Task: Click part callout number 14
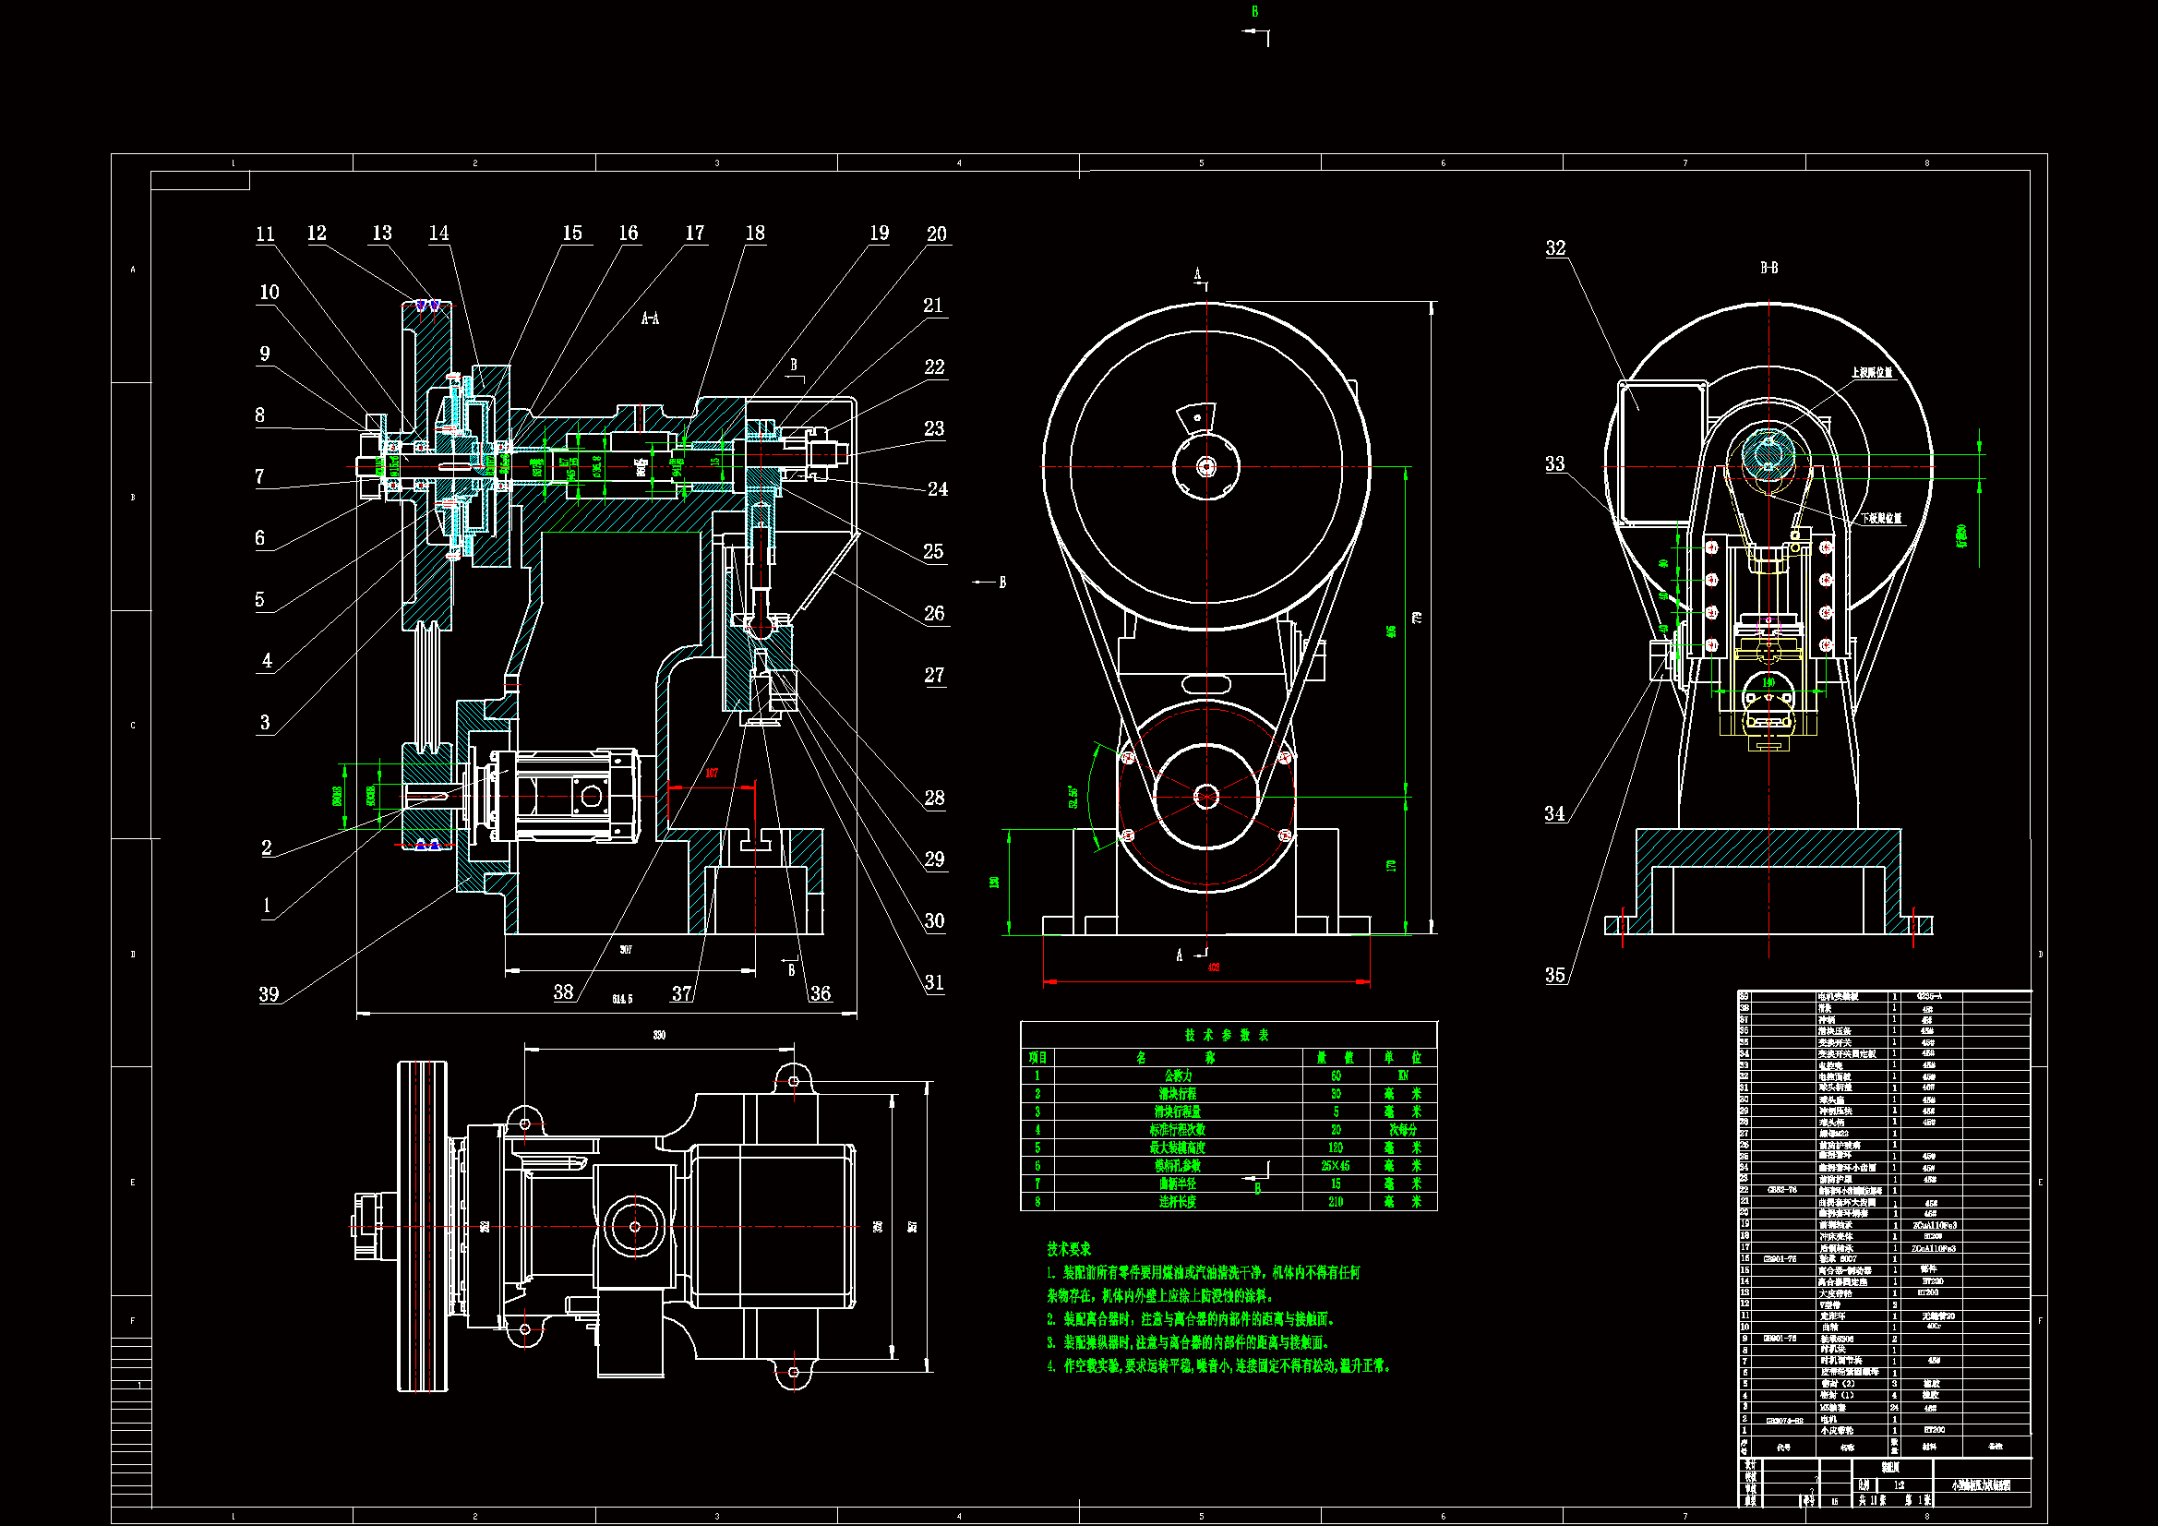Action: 439,234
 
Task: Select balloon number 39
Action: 269,994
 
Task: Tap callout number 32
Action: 1555,248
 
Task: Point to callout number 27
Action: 933,675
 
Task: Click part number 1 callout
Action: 267,906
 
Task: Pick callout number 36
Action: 820,993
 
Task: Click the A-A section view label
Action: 650,318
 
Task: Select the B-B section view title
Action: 1768,268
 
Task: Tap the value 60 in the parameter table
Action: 1336,1075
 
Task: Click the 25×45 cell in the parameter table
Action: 1335,1166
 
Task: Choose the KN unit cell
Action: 1402,1075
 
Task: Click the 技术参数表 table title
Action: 1227,1035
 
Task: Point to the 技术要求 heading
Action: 1069,1249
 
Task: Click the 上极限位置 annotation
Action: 1871,372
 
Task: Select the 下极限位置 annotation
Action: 1881,518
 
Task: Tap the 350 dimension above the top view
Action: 659,1035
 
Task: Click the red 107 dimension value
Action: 712,773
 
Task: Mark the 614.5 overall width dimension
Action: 622,999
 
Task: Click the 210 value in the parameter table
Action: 1335,1202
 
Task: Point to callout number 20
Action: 936,234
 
